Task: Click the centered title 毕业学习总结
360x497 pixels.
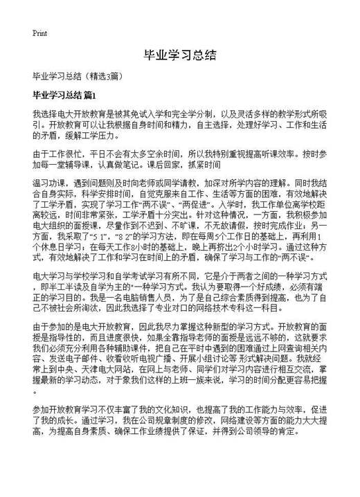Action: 179,54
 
